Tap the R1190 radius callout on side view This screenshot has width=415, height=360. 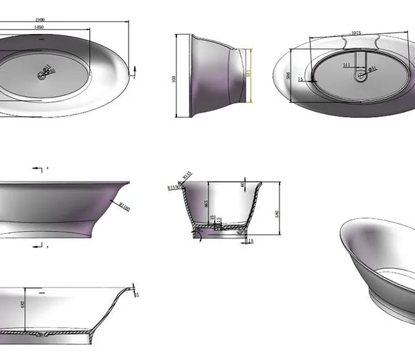(x=125, y=205)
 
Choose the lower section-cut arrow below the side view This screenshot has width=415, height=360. (x=37, y=246)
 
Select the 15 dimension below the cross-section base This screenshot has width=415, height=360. (x=250, y=240)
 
